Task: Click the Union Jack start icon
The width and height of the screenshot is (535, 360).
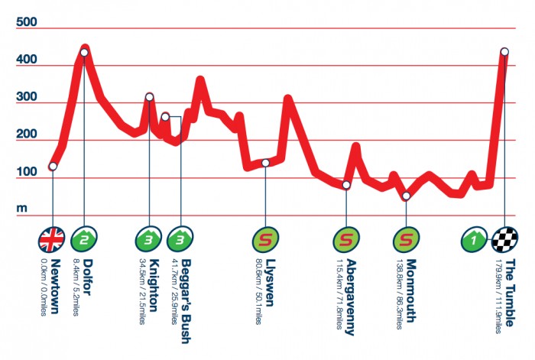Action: click(53, 239)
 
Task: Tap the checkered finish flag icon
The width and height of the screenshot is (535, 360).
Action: click(504, 239)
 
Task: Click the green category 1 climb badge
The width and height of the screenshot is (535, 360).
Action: click(475, 239)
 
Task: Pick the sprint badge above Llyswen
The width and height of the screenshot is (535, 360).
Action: click(265, 239)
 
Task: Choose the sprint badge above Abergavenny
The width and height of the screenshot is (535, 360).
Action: click(345, 239)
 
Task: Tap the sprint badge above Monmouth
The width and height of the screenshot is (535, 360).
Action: click(405, 239)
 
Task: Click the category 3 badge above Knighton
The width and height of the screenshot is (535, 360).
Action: click(148, 239)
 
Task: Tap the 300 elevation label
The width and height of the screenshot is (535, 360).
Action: click(28, 96)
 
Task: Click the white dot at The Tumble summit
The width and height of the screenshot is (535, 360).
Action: click(504, 52)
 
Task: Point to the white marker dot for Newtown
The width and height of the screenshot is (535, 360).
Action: click(53, 166)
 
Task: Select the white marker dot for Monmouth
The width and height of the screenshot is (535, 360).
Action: click(406, 196)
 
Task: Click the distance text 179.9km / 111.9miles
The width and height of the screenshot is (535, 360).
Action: click(498, 298)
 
